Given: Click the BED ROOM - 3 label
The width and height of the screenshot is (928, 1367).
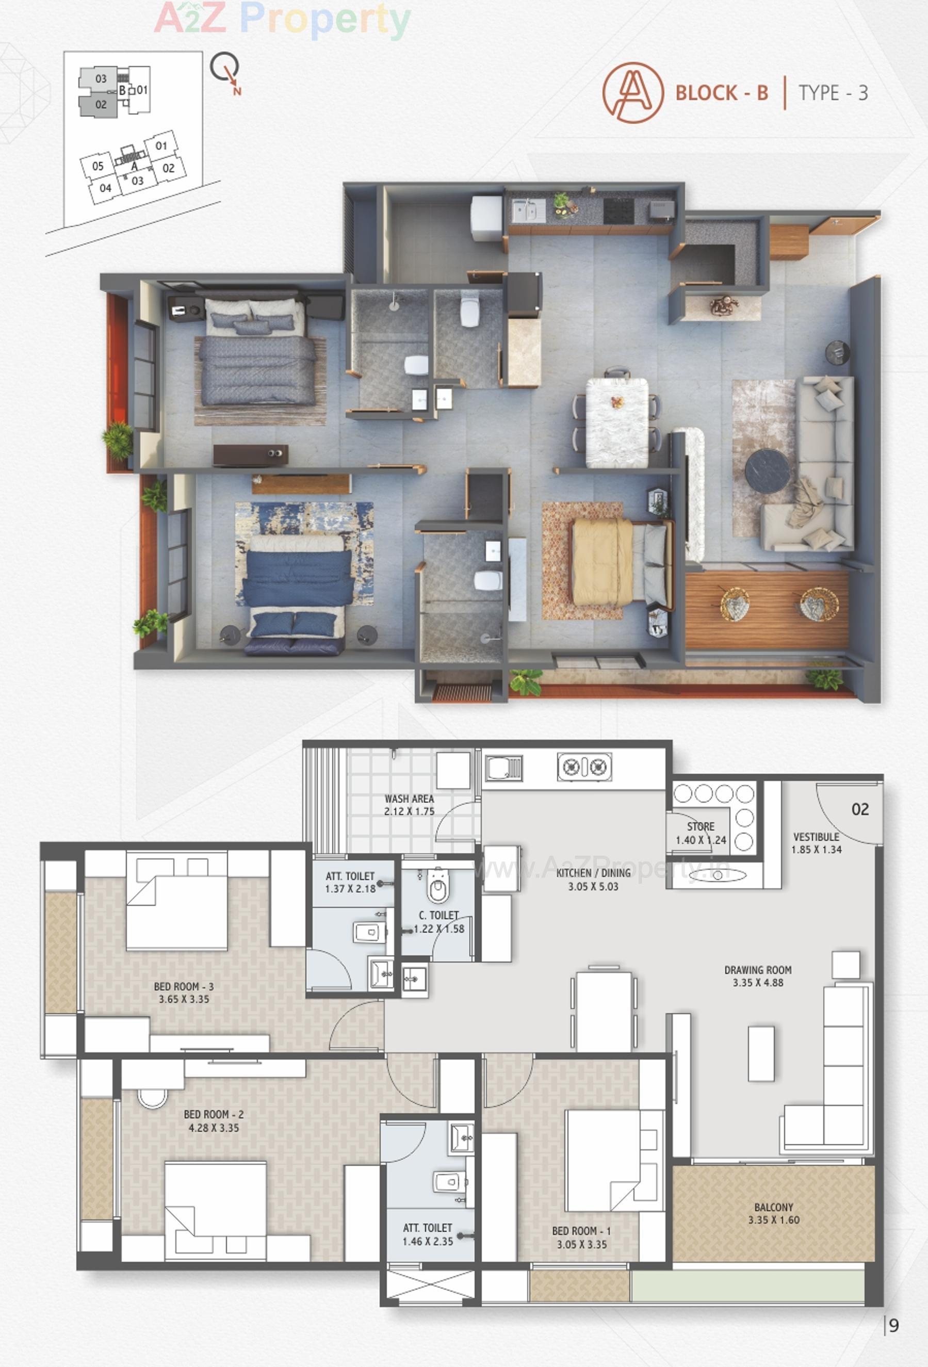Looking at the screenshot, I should (184, 986).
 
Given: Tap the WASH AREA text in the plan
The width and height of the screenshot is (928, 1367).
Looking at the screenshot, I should (409, 799).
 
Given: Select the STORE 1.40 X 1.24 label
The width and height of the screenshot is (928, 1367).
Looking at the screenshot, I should (700, 833).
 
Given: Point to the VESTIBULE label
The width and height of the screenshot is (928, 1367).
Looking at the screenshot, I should (816, 836).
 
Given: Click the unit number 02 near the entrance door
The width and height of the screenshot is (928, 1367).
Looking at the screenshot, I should (860, 809).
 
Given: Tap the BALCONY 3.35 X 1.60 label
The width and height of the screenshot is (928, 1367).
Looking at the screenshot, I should (773, 1213).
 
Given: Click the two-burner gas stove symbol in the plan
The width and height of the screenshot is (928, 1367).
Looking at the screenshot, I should (584, 767).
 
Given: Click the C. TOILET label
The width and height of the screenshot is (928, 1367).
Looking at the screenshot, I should (438, 915).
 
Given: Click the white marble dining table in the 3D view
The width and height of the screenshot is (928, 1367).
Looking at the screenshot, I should (617, 422).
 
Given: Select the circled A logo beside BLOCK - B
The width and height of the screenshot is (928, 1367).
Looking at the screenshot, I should (632, 92).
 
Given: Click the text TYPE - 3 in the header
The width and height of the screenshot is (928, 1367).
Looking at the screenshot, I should (833, 93).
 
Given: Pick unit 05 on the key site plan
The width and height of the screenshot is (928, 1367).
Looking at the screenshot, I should (97, 167).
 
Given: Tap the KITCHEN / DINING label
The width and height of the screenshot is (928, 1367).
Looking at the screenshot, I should (593, 873).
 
